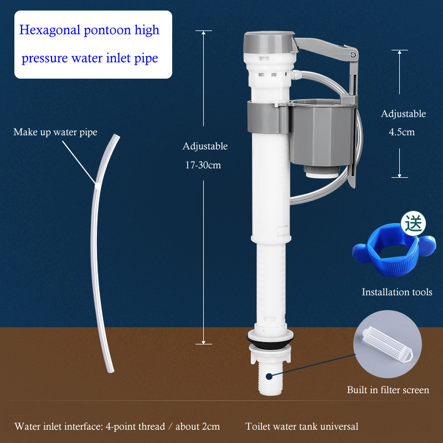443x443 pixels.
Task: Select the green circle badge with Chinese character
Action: tap(413, 224)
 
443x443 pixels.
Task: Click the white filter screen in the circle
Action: tap(387, 344)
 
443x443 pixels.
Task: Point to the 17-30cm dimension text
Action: tap(203, 165)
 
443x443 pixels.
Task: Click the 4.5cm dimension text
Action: tap(402, 132)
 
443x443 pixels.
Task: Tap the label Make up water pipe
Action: tap(55, 132)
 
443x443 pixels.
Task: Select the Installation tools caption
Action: tap(397, 292)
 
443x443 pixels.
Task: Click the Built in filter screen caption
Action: tap(388, 390)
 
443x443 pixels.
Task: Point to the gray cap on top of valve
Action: tap(269, 43)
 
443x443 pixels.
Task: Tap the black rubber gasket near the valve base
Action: tap(270, 341)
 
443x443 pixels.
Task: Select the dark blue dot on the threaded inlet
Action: tap(269, 377)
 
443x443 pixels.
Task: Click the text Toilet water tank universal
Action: tap(302, 426)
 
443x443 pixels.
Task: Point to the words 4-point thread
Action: tap(135, 426)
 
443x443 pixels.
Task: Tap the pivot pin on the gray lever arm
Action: tap(353, 55)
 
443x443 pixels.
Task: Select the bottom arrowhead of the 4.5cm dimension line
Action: tap(399, 176)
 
